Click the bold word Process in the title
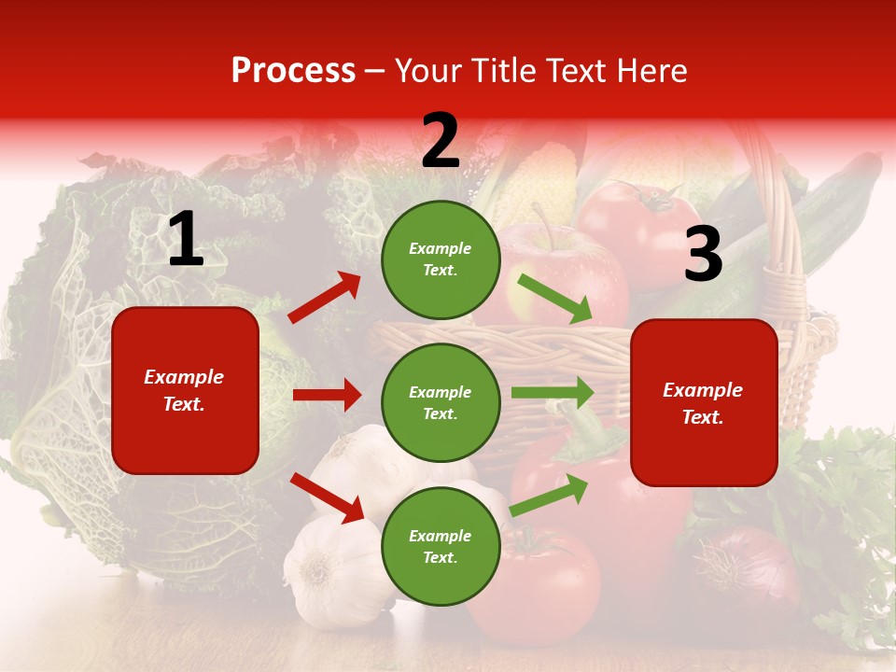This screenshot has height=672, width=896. tap(293, 71)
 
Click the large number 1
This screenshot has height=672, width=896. tap(186, 240)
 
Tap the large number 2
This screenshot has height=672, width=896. tap(441, 142)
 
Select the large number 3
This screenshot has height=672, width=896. tap(703, 255)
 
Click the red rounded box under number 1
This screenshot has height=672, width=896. tap(185, 390)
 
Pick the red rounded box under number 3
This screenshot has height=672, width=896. tap(704, 403)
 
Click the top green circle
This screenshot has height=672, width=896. tap(441, 259)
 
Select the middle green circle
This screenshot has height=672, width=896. tap(441, 402)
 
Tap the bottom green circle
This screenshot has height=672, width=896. tap(441, 546)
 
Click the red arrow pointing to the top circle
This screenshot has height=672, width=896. tap(324, 298)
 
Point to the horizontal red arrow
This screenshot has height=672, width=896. tap(327, 395)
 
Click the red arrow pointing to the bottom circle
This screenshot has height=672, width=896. tap(327, 497)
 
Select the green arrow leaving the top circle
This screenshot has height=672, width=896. tap(554, 298)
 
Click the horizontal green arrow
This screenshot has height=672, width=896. tap(552, 393)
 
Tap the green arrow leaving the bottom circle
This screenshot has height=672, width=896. tap(550, 496)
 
